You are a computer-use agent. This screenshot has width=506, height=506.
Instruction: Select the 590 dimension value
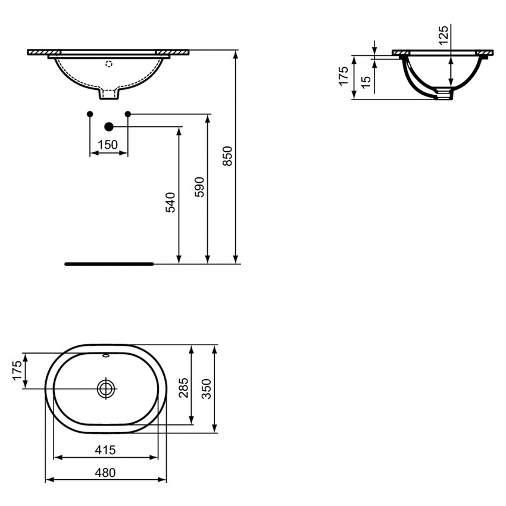tap(200, 186)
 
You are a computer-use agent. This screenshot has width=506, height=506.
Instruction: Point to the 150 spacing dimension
tap(108, 145)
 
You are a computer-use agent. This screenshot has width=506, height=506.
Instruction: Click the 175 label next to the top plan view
tap(17, 371)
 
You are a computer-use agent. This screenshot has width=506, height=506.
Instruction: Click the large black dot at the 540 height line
tap(108, 126)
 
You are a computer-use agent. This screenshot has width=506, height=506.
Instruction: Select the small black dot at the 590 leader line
tap(127, 113)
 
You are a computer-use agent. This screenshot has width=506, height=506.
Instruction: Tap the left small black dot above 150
tap(89, 113)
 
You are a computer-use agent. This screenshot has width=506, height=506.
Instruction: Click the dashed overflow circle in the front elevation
tap(108, 63)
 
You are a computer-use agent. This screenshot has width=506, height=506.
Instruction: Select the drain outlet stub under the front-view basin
tap(108, 94)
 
